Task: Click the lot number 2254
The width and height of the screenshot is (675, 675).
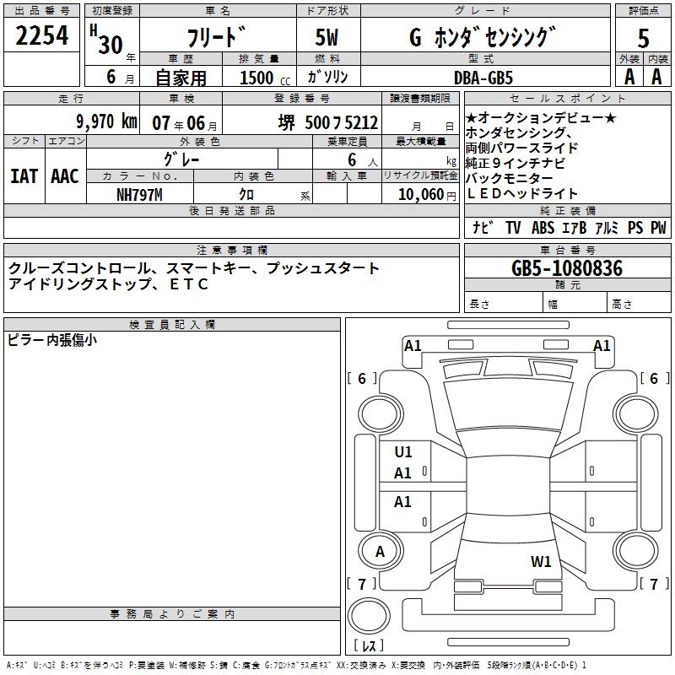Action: coord(42,35)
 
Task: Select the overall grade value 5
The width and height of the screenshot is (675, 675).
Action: coord(643,39)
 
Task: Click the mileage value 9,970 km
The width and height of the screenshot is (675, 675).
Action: coord(105,121)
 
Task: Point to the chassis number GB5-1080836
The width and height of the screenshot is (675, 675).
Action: coord(567,268)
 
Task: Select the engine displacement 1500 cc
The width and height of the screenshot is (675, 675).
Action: coord(256,78)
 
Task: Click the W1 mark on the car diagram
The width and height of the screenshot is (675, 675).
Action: coord(541,561)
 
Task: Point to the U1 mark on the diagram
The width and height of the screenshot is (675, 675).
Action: coord(403,452)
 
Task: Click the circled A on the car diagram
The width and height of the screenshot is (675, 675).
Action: coord(381,551)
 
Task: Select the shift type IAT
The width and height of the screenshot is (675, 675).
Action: coord(24,176)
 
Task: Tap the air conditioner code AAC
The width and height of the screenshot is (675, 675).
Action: coord(64,176)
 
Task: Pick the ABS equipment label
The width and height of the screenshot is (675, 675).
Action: coord(542,227)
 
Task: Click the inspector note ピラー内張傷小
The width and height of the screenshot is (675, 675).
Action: coord(52,340)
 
